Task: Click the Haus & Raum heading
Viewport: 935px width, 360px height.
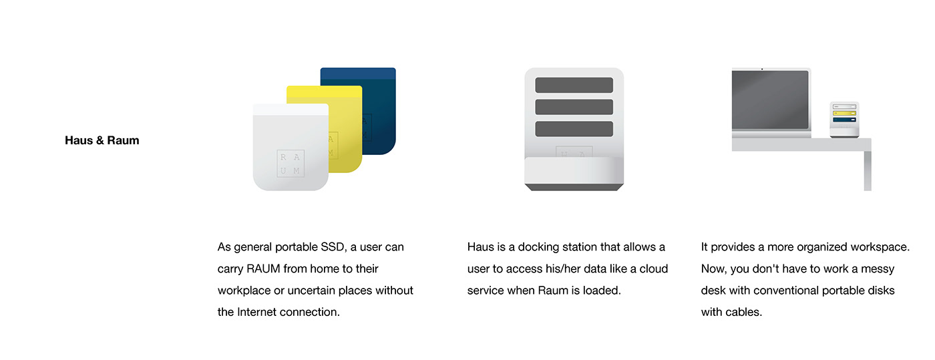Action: pyautogui.click(x=102, y=140)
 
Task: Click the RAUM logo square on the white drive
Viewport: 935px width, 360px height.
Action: pyautogui.click(x=291, y=164)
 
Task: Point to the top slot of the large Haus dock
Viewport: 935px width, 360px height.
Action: pyautogui.click(x=574, y=85)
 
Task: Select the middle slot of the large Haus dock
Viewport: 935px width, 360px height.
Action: pyautogui.click(x=574, y=107)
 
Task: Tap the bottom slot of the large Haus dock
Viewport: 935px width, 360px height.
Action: pyautogui.click(x=574, y=129)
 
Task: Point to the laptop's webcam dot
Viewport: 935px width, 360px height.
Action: pyautogui.click(x=762, y=69)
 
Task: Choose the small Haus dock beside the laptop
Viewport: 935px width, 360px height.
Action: pyautogui.click(x=844, y=120)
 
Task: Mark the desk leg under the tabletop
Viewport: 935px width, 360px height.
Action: pyautogui.click(x=867, y=171)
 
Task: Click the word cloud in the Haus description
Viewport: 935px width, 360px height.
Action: pyautogui.click(x=654, y=268)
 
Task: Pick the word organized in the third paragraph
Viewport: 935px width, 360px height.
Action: pyautogui.click(x=803, y=247)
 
